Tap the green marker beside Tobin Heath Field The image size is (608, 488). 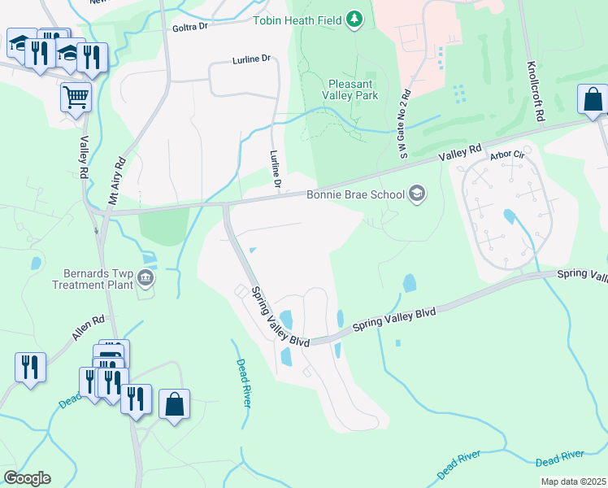point(354,18)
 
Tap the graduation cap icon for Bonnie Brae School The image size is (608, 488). point(417,194)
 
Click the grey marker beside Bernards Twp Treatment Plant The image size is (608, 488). point(146,279)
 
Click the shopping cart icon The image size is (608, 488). point(76,98)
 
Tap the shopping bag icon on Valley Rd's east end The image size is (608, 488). point(593,99)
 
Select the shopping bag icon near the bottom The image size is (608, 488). point(174,403)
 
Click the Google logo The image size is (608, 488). point(27,478)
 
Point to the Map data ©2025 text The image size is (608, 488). point(572,482)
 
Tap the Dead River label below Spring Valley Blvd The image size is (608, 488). point(242,383)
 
